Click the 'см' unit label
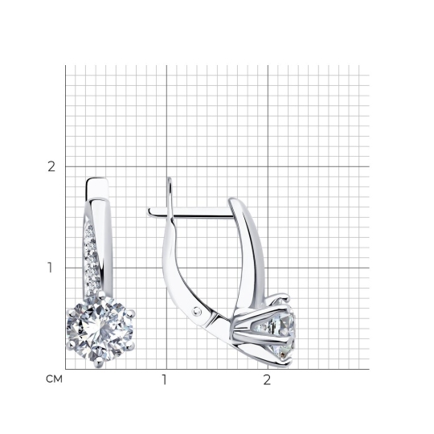pyautogui.click(x=55, y=379)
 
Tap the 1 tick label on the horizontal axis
pyautogui.click(x=165, y=379)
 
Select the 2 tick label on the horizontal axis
pyautogui.click(x=267, y=379)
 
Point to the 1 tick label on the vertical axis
pyautogui.click(x=50, y=268)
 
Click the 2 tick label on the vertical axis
pyautogui.click(x=51, y=166)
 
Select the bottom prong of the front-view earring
pyautogui.click(x=99, y=362)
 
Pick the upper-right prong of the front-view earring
pyautogui.click(x=129, y=313)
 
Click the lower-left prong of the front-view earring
pyautogui.click(x=71, y=345)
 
